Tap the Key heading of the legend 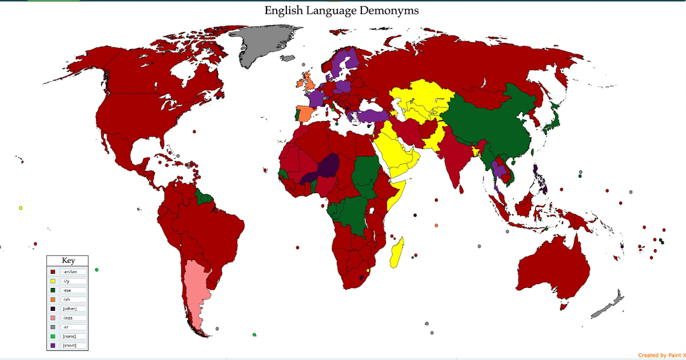[68, 261]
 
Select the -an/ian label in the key [73, 272]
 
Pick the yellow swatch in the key [53, 281]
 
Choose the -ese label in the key [67, 290]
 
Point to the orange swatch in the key [53, 299]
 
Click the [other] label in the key [69, 309]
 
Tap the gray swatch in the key [53, 327]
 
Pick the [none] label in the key [69, 336]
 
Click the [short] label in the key [69, 345]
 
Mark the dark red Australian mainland [552, 269]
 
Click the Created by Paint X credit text [661, 355]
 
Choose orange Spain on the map [305, 113]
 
